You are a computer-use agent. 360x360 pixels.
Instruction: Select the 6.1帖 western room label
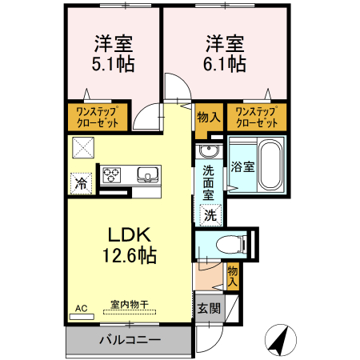(224, 53)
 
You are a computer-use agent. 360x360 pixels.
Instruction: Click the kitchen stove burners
(112, 174)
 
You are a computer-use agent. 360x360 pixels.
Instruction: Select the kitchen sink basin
(148, 174)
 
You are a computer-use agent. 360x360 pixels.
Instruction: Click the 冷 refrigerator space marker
(81, 183)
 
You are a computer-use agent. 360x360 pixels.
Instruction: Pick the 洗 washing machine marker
(210, 214)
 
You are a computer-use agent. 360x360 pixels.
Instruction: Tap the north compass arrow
(280, 340)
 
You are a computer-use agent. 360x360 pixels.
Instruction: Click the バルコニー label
(130, 339)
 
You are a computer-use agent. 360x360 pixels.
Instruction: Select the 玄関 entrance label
(207, 308)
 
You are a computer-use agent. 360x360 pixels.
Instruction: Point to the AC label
(81, 307)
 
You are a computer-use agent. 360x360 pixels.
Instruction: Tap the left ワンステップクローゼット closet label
(98, 118)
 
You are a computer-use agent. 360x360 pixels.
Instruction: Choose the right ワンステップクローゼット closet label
(257, 118)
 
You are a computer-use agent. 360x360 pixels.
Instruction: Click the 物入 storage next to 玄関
(233, 276)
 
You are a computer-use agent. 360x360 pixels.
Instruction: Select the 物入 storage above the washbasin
(208, 117)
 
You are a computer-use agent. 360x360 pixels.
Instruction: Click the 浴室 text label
(243, 166)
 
